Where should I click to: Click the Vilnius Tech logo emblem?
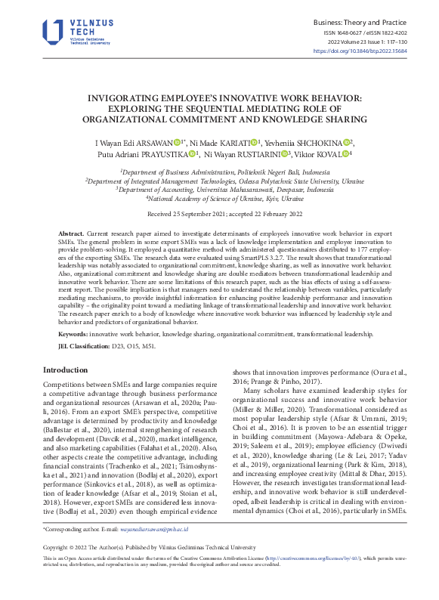point(52,30)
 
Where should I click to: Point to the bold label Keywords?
point(73,332)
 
